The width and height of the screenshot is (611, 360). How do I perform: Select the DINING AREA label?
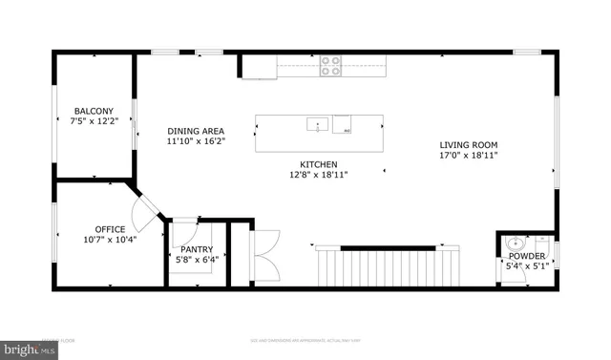click(x=196, y=131)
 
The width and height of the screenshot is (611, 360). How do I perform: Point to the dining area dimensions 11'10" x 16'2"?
click(x=196, y=141)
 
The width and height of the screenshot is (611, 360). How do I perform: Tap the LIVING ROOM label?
click(x=469, y=144)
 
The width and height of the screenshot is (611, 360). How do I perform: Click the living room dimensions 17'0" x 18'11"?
click(x=469, y=155)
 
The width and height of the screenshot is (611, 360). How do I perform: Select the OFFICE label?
click(x=110, y=228)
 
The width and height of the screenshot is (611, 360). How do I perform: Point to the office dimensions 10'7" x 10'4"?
click(x=110, y=240)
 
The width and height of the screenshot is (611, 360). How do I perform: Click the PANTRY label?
click(x=197, y=249)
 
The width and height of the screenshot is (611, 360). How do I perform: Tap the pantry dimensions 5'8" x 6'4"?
click(x=197, y=260)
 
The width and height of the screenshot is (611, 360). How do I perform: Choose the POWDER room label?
click(x=526, y=256)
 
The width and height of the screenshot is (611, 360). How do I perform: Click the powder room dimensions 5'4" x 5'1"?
click(x=526, y=266)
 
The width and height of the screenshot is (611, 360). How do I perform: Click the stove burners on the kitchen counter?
click(x=330, y=65)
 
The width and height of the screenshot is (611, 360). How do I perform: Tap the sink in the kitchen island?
click(x=317, y=124)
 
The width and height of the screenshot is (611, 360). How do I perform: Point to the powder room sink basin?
click(x=516, y=242)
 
